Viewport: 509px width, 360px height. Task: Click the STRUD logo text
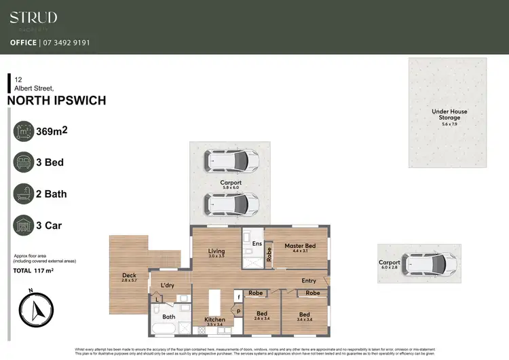[33, 18]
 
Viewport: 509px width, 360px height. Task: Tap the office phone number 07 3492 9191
[67, 43]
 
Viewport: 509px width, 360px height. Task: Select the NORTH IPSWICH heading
[56, 101]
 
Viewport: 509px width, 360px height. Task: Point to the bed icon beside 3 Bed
[24, 163]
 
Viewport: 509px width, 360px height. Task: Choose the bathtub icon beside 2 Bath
[24, 194]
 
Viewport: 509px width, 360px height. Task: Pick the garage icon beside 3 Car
[24, 226]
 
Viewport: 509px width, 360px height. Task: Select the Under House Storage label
[449, 115]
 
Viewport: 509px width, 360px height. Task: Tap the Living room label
[216, 251]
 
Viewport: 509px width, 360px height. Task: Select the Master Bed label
[299, 245]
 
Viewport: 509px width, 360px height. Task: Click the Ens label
[257, 243]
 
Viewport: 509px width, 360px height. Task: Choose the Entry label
[309, 281]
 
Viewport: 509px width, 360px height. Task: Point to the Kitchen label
[214, 319]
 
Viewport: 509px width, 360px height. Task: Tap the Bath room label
[168, 317]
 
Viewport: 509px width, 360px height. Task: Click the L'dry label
[167, 285]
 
